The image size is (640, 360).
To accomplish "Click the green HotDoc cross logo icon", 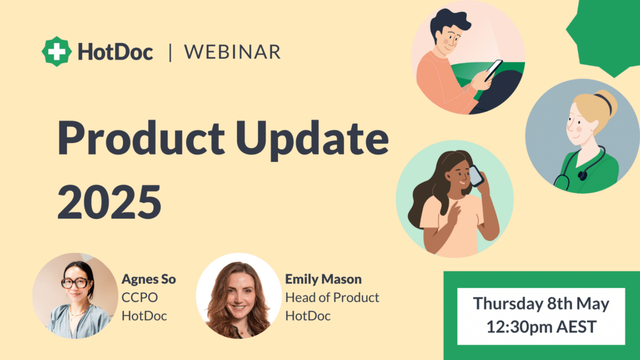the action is tap(56, 51).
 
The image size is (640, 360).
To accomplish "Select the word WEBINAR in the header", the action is tap(232, 52).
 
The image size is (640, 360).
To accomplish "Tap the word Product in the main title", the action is tap(141, 137).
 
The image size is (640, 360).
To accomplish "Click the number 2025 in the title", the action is tap(109, 202).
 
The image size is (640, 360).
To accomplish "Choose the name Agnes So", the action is tap(149, 279).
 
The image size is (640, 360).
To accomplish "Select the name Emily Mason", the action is tap(323, 279).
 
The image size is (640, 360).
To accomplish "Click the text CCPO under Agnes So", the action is tap(139, 297).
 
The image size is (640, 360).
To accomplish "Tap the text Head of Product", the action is tap(332, 297).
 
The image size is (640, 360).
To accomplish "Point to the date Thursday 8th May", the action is tap(541, 304).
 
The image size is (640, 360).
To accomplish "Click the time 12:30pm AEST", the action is tap(541, 326).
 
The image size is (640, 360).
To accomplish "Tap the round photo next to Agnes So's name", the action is tap(75, 296).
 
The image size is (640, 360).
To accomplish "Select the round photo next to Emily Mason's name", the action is tap(239, 296).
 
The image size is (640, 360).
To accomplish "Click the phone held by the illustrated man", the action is tap(494, 70).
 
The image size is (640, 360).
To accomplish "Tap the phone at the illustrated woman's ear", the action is tap(476, 176).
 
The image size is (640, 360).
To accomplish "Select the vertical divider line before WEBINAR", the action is tap(170, 52).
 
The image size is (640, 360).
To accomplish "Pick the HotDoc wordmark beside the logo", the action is tap(116, 52).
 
